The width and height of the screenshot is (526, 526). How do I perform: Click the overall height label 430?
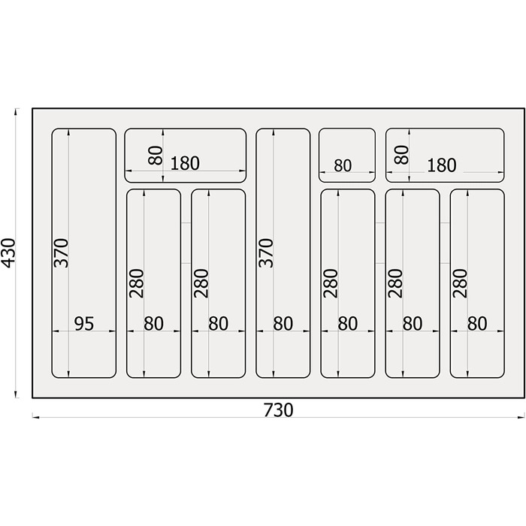8,253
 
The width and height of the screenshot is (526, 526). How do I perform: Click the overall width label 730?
279,410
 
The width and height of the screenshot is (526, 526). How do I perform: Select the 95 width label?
84,324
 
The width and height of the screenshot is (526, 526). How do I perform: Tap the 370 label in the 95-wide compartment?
61,253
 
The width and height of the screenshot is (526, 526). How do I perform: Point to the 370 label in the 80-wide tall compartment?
266,253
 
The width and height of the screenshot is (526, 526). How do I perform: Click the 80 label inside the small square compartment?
343,166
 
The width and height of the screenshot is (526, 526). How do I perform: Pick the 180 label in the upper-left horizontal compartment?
185,163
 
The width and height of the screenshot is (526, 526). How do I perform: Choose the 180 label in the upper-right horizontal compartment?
442,165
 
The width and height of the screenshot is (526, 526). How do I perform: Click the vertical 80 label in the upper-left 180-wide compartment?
156,155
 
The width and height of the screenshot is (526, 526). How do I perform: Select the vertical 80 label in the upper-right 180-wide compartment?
401,155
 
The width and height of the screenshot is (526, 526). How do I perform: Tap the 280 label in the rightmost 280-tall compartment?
460,283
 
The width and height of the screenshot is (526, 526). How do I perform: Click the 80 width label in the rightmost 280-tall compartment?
477,324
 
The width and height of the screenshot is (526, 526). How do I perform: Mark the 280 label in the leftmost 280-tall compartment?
136,283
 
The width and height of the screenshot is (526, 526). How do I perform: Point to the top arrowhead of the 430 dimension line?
16,111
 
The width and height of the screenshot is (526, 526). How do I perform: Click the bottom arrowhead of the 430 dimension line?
16,394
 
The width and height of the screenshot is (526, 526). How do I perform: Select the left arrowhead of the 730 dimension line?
35,418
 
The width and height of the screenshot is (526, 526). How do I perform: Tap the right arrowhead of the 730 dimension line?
521,418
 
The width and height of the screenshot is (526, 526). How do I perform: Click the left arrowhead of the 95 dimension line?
56,331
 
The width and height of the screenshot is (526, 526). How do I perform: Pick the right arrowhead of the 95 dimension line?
113,331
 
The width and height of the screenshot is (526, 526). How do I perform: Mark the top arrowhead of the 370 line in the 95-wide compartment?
69,132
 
